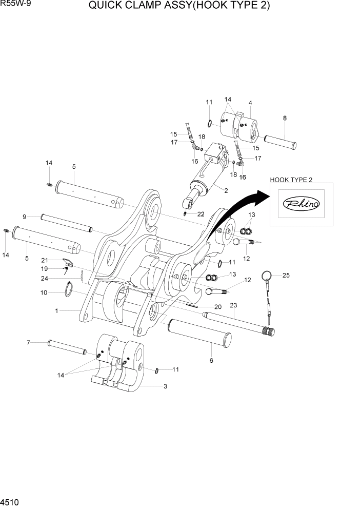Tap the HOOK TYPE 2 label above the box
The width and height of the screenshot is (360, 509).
[291, 179]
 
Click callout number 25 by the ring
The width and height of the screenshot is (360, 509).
[286, 276]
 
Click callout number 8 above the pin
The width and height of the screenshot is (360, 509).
[285, 118]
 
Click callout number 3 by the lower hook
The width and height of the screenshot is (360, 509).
[165, 386]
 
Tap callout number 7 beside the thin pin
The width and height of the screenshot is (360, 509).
[29, 342]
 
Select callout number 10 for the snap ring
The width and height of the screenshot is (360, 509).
[44, 292]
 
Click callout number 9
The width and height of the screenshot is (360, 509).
[24, 216]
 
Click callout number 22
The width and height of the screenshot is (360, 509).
[201, 214]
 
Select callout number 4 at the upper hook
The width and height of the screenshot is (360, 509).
[250, 103]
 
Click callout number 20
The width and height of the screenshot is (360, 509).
[217, 306]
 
